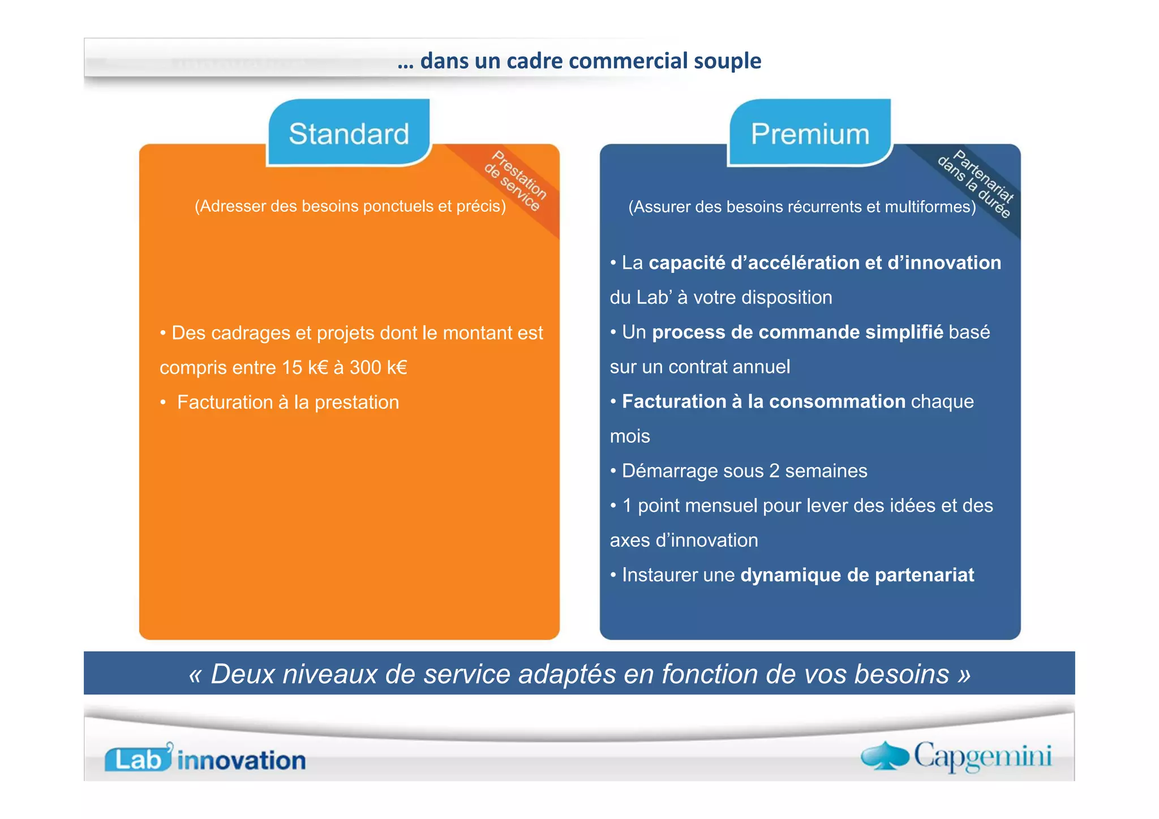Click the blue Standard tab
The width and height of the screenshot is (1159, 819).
(349, 134)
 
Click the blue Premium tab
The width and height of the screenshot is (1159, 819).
(810, 134)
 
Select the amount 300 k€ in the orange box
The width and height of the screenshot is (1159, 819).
(378, 367)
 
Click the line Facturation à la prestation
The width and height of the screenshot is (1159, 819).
(287, 402)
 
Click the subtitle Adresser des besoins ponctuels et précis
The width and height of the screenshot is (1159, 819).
(350, 206)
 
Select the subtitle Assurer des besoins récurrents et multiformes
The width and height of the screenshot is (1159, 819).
(802, 207)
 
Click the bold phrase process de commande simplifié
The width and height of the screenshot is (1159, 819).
(797, 332)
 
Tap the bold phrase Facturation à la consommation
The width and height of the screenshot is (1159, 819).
(763, 401)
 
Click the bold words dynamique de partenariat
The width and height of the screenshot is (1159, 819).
(857, 575)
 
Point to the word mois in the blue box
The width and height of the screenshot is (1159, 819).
(630, 436)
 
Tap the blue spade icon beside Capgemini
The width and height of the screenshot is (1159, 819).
(885, 756)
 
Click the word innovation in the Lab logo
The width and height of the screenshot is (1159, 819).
(242, 761)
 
